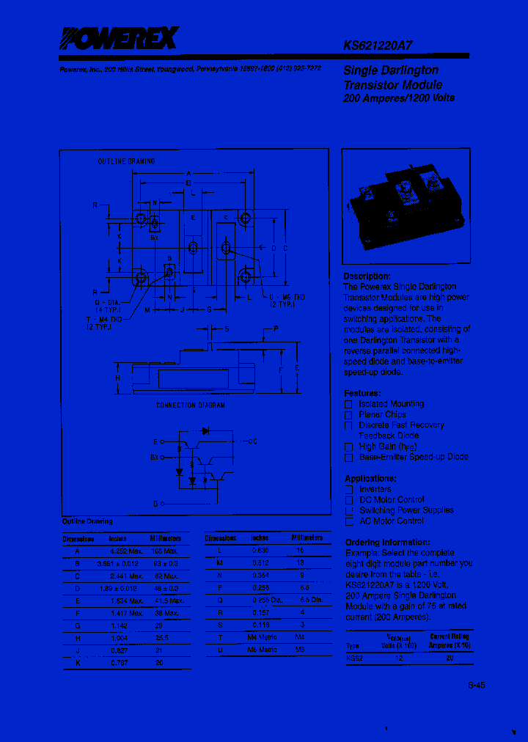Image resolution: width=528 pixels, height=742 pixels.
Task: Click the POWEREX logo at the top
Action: click(120, 38)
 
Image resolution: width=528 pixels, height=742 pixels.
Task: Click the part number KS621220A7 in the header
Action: click(378, 44)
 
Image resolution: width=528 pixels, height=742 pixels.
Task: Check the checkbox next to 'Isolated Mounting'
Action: click(349, 404)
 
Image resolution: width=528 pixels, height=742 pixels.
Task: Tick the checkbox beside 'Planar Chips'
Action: click(349, 415)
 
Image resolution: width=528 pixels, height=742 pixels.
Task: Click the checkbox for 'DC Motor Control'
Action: click(349, 500)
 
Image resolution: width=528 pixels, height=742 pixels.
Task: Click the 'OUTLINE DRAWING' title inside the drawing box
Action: click(126, 161)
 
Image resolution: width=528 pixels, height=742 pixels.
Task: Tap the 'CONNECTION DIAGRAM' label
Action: click(191, 405)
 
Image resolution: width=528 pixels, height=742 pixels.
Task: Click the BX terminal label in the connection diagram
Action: click(155, 458)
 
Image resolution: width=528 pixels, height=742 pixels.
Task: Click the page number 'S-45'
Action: click(477, 686)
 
